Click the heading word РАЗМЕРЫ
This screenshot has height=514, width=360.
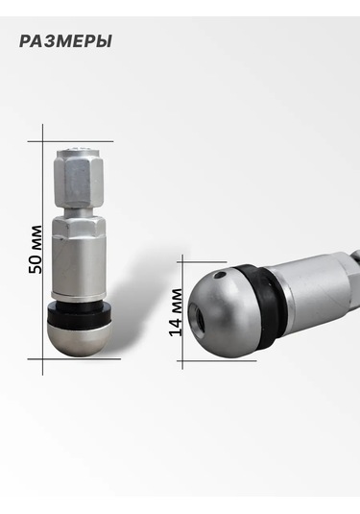coord(65,41)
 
